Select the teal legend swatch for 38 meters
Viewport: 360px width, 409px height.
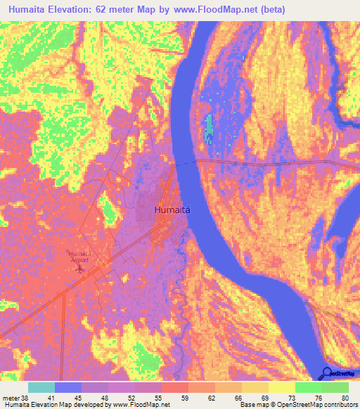(x=41, y=387)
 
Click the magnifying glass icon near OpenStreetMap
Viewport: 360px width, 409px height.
(x=327, y=373)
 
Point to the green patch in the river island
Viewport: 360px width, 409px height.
(x=209, y=127)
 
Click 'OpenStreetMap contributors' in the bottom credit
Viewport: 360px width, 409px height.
(x=320, y=405)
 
